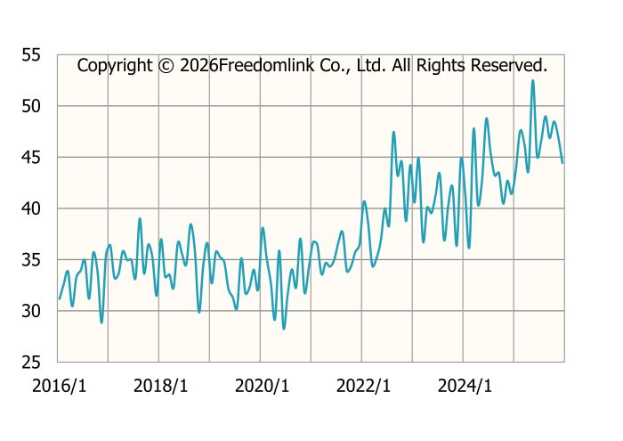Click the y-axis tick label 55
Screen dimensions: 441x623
pos(31,55)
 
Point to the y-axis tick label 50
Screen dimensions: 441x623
pos(31,106)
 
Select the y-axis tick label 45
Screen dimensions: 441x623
pos(31,158)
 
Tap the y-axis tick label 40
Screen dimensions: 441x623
pos(31,208)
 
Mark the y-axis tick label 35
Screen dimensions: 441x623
pos(31,260)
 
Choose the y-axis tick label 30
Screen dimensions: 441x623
pos(31,311)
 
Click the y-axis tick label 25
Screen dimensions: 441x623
pos(31,363)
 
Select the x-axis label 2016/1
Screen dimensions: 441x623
pos(60,386)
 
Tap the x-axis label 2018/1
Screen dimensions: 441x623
pos(160,386)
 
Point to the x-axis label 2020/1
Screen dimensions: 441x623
pos(262,386)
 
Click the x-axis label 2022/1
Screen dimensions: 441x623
pos(363,386)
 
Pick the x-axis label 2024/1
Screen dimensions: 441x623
pos(464,386)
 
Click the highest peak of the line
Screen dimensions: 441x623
pos(533,80)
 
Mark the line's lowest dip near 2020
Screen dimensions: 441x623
pos(284,329)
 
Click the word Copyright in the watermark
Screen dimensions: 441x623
pos(115,65)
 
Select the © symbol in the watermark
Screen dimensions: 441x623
pos(166,65)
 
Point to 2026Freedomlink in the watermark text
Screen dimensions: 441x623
pos(239,65)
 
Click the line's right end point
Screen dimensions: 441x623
pos(562,162)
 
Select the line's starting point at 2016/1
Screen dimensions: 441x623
pos(60,298)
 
